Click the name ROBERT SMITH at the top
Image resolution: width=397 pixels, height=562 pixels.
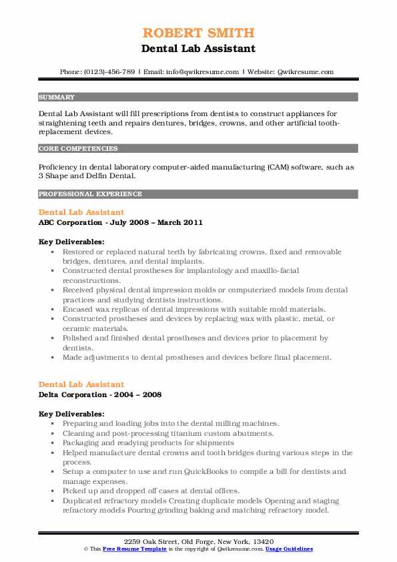point(198,33)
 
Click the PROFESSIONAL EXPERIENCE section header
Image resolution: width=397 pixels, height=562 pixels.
point(90,194)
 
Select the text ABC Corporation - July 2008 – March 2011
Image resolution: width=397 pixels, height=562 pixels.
point(121,222)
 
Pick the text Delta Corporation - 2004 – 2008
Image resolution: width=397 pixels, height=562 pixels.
point(100,394)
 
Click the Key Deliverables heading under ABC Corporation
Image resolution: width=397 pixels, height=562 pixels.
point(71,242)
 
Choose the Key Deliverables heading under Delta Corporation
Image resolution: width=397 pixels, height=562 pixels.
point(71,414)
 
